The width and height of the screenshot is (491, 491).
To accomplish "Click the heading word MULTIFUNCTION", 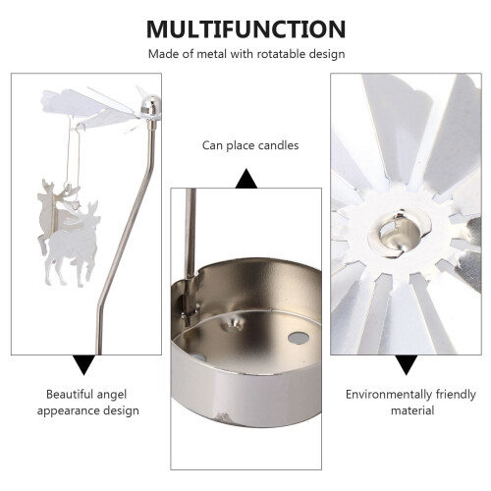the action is [245, 29].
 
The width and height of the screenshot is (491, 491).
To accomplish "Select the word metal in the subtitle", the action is [211, 54].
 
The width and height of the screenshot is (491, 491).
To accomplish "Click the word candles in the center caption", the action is [278, 145].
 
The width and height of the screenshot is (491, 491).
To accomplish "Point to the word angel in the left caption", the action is [112, 395].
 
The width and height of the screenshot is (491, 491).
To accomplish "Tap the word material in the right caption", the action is [412, 410].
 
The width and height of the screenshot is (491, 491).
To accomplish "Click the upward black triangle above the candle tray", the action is [246, 179].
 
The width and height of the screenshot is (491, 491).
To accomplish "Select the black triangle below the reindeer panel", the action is [84, 364].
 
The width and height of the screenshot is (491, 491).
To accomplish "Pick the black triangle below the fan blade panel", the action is [406, 364].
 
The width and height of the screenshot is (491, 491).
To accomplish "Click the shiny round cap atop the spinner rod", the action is [150, 104].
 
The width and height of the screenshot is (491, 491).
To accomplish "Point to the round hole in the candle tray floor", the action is [299, 338].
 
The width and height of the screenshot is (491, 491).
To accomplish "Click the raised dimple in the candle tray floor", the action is [233, 325].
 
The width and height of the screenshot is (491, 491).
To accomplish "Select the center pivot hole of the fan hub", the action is [400, 233].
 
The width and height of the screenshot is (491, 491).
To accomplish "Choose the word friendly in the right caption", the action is [456, 395].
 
